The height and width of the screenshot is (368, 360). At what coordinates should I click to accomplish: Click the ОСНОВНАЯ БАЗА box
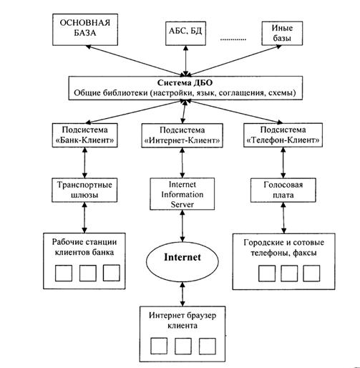click(x=85, y=29)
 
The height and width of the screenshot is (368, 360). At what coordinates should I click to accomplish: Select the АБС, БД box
click(x=185, y=34)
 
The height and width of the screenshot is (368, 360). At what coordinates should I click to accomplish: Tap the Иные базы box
click(x=282, y=33)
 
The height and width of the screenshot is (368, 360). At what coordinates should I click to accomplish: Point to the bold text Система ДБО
click(x=185, y=83)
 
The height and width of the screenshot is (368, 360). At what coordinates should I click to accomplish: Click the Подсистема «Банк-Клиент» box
click(x=84, y=135)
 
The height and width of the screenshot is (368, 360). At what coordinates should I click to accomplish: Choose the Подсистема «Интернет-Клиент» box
click(x=182, y=135)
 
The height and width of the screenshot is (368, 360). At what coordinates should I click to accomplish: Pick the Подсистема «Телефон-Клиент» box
click(x=283, y=135)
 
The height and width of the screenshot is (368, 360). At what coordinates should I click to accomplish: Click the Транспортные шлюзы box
click(x=84, y=190)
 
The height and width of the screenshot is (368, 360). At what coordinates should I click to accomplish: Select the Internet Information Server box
click(x=182, y=194)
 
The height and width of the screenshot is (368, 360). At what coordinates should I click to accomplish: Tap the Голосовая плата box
click(x=283, y=190)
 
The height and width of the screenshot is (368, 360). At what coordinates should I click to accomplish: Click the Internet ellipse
click(x=183, y=261)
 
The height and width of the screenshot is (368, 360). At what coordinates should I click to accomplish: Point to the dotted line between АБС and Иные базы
click(x=233, y=39)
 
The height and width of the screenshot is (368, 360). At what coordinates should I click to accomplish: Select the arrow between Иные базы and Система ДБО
click(x=236, y=61)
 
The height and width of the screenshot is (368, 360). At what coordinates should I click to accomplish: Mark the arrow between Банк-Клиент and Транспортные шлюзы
click(x=84, y=163)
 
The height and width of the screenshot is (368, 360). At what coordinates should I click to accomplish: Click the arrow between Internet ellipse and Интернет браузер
click(x=183, y=294)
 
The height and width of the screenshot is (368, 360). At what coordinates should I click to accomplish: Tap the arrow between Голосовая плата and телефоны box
click(x=283, y=218)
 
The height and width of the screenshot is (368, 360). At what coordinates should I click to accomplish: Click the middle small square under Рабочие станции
click(x=88, y=273)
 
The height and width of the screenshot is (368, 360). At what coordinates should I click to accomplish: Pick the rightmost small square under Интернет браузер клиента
click(x=208, y=346)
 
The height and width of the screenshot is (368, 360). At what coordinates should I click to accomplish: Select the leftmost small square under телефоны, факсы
click(x=267, y=273)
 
